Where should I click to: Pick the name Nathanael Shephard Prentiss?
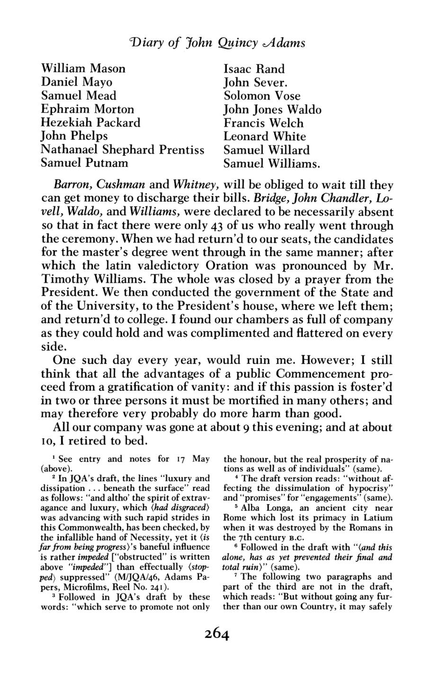coord(123,150)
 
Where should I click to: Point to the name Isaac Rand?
coord(254,69)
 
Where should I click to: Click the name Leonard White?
coord(265,136)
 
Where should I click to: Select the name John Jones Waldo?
coord(272,109)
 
